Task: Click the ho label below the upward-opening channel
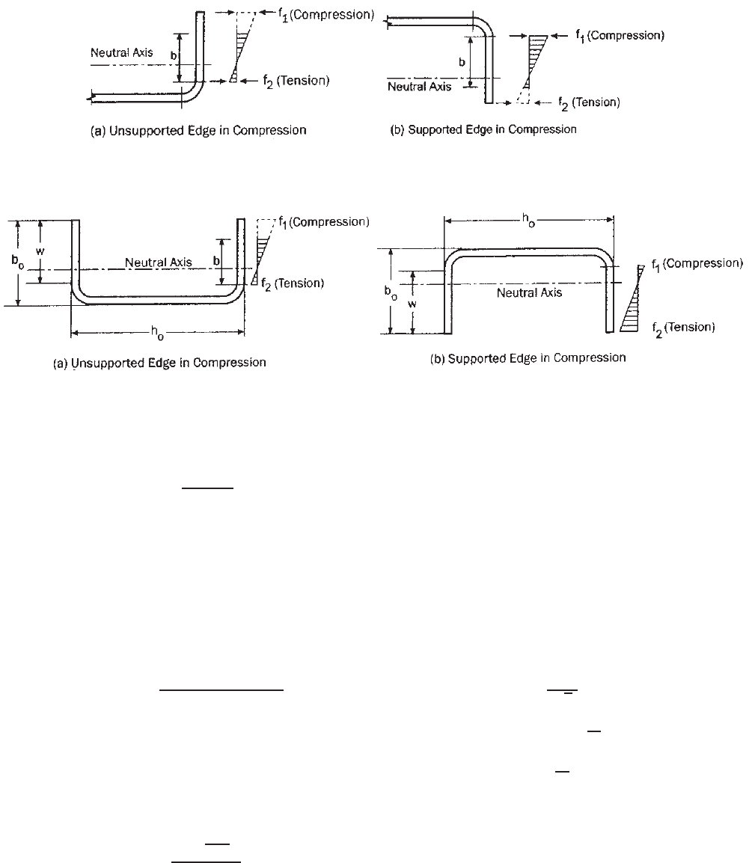coord(157,333)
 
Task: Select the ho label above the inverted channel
coord(528,221)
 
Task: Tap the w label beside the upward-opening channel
coord(40,251)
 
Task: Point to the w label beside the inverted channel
coord(412,304)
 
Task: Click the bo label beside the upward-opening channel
coord(18,262)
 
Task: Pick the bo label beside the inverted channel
coord(391,292)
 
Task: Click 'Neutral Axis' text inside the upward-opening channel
coord(159,262)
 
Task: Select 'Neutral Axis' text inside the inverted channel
coord(529,293)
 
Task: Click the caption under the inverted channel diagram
coord(528,358)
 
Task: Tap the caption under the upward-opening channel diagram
coord(159,363)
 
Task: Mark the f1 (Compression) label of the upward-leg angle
coord(326,15)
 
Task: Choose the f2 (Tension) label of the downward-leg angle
coord(589,103)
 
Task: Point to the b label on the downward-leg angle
coord(462,62)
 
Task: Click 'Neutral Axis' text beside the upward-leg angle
coord(122,53)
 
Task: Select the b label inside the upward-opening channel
coord(216,262)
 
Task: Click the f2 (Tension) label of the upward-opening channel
coord(293,284)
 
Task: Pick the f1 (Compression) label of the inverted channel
coord(697,264)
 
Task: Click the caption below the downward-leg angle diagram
coord(483,129)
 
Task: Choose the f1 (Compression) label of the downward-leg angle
coord(620,36)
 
